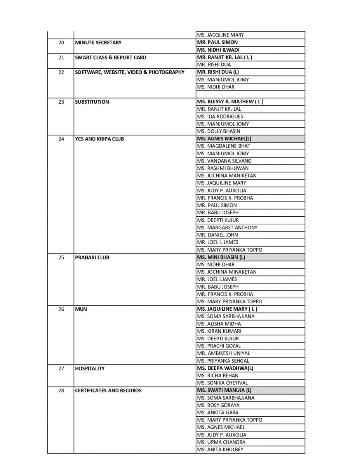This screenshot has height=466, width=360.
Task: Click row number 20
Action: point(61,43)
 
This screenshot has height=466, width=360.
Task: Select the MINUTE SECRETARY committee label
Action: point(98,43)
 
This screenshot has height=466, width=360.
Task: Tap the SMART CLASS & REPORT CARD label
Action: point(111,57)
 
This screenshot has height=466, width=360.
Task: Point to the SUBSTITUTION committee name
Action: point(92,102)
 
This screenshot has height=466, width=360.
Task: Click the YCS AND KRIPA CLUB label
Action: point(99,139)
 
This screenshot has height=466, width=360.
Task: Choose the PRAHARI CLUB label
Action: point(92,257)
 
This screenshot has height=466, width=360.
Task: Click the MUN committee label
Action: point(81,309)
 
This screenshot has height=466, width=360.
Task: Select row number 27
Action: point(61,368)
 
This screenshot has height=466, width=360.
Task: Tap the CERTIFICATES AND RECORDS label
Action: point(108,390)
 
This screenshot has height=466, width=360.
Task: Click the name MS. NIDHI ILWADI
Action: point(218,50)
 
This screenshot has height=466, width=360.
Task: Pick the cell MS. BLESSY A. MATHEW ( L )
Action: point(230,102)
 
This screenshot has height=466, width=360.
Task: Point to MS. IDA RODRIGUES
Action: point(220,116)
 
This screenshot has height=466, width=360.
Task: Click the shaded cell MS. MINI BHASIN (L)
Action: point(221,257)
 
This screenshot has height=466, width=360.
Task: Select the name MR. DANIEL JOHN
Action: point(217,235)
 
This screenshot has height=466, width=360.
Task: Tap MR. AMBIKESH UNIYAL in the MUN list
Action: point(224,353)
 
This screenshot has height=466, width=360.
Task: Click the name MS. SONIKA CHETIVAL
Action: point(223,383)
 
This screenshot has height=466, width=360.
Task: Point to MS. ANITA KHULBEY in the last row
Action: point(220,450)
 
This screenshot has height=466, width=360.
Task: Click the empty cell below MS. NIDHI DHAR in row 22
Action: point(250,94)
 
